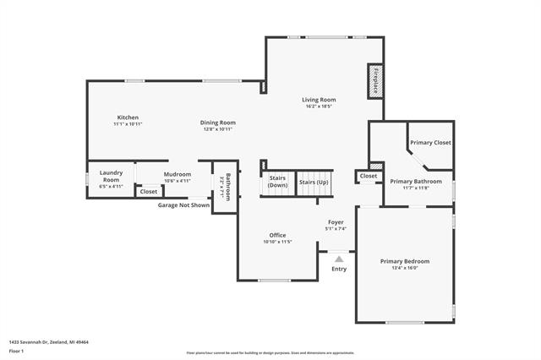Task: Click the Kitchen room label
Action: pos(128,117)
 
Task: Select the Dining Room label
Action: pos(217,123)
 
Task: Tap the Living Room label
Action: pos(319,100)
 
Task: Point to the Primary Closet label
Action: pos(430,143)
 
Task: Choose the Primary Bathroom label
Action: pos(415,181)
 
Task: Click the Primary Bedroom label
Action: pos(404,262)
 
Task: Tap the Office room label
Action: pos(277,235)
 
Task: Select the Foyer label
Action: pos(336,222)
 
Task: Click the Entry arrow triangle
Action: pos(339,259)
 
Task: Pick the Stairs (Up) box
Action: pos(313,183)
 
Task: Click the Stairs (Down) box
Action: pos(277,182)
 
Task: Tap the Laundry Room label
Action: pos(112,177)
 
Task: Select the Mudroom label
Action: pos(178,174)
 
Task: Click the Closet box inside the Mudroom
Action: pos(149,192)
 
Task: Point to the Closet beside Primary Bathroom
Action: pos(369,176)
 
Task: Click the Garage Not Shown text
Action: pos(183,205)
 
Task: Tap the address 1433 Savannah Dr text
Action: pos(49,342)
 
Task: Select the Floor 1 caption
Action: pos(16,350)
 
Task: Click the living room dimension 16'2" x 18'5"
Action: pos(319,106)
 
